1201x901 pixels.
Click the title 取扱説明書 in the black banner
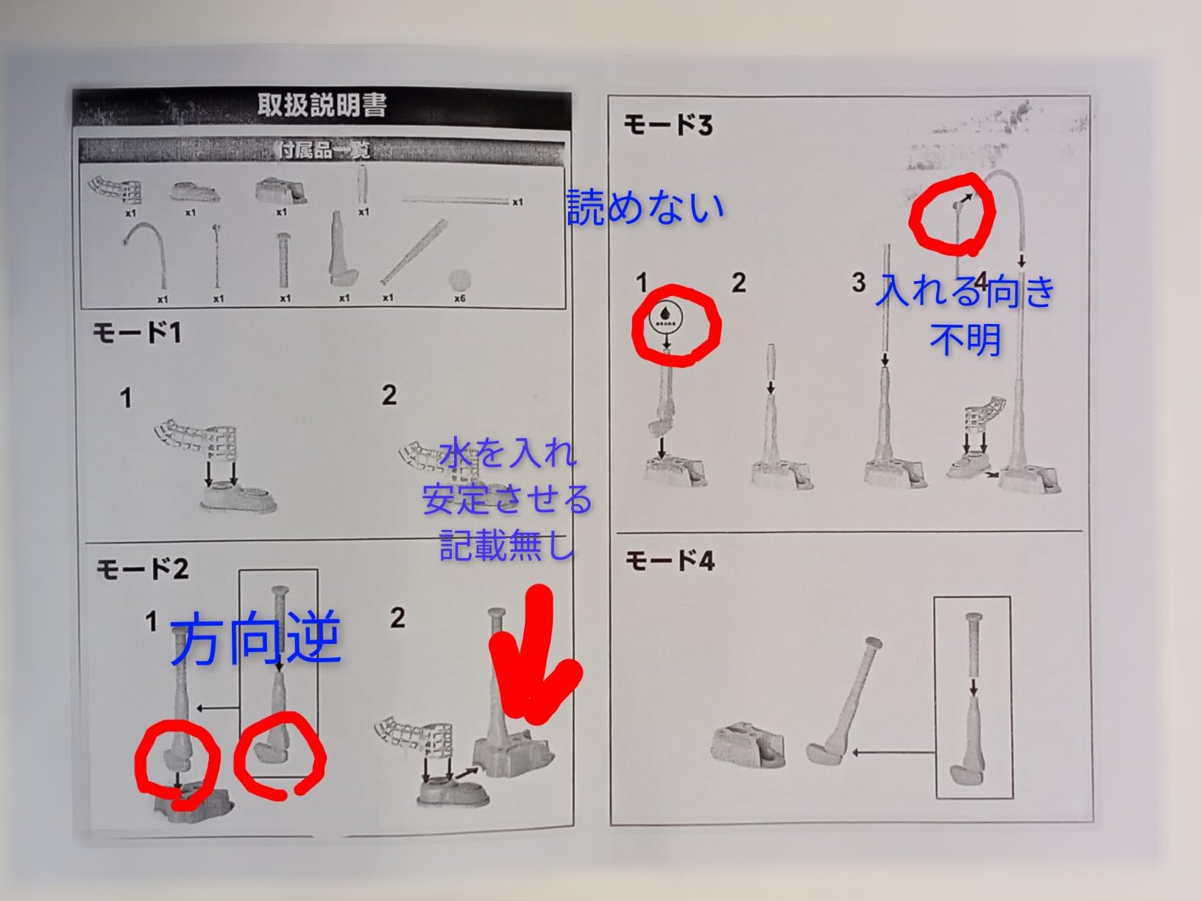click(322, 105)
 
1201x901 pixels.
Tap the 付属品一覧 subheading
click(325, 151)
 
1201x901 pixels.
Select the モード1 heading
click(137, 333)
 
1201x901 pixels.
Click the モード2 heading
click(142, 568)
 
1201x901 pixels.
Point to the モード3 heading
click(668, 124)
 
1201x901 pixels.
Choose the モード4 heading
click(670, 562)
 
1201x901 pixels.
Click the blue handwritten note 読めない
click(645, 207)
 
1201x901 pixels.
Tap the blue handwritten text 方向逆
click(255, 639)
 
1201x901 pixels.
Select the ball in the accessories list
click(460, 280)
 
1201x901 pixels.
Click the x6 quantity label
click(460, 299)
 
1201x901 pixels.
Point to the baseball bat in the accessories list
click(413, 252)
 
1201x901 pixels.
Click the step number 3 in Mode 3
click(858, 282)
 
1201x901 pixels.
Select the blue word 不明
click(965, 339)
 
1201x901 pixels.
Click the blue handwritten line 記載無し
click(506, 545)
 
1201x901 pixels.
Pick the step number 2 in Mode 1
click(389, 395)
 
